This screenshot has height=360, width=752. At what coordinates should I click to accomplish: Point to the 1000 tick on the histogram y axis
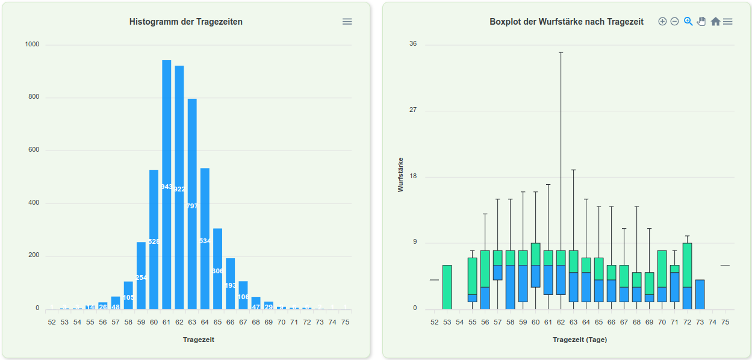[33, 45]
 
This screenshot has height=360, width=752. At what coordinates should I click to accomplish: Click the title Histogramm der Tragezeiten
[186, 22]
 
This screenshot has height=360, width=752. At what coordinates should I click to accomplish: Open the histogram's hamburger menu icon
[347, 22]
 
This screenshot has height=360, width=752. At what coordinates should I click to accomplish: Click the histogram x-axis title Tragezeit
[199, 340]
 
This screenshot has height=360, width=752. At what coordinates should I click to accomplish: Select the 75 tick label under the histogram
[345, 322]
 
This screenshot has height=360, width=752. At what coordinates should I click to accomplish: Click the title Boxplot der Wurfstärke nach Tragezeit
[567, 22]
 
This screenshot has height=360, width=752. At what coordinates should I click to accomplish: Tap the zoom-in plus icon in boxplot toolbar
[662, 22]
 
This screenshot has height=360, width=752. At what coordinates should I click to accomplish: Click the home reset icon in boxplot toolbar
[715, 22]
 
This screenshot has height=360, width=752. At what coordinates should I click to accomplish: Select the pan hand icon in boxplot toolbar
[701, 22]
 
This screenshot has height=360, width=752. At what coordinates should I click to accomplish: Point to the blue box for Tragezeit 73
[700, 294]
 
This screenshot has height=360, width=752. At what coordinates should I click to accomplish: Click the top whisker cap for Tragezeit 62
[561, 52]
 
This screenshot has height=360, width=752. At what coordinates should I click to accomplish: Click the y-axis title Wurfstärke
[401, 175]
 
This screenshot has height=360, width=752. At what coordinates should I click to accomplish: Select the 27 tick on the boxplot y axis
[412, 111]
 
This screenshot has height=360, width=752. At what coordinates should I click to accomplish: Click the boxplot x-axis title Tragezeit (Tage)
[580, 340]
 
